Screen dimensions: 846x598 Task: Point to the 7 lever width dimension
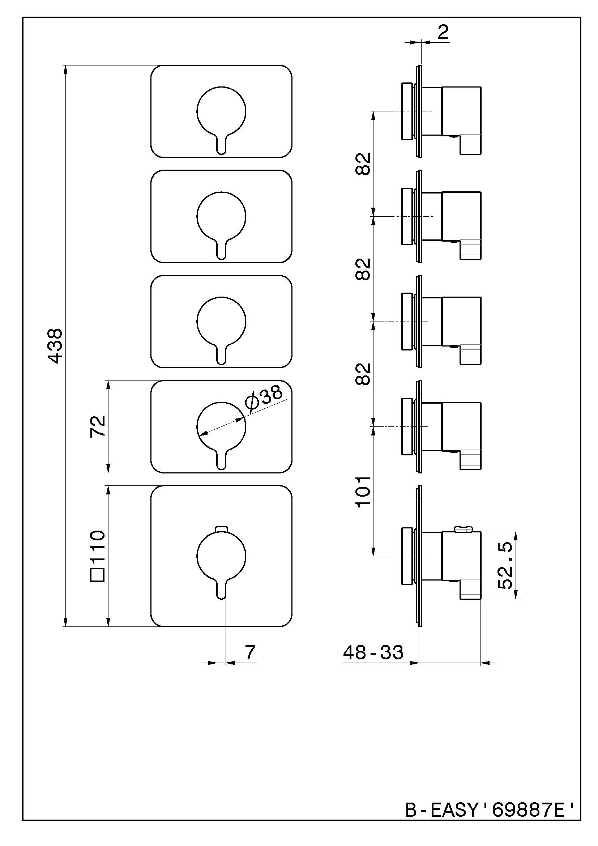pos(250,652)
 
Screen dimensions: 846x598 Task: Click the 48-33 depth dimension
pos(373,653)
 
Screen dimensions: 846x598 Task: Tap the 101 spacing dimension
pos(363,492)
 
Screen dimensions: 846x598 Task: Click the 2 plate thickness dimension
pos(443,33)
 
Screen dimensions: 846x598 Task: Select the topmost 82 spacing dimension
pos(363,164)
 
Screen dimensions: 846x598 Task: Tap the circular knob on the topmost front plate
pos(221,111)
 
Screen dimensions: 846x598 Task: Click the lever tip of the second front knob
pos(221,255)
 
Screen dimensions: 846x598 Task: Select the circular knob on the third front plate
pos(221,321)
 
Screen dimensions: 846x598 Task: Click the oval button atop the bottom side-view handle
pos(464,530)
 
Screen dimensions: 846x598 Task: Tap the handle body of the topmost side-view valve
pos(461,111)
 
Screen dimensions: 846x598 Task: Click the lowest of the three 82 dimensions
pos(363,374)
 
